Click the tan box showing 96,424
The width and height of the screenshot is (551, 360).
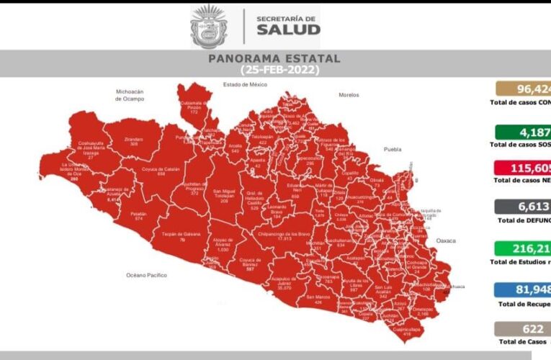pos(523,89)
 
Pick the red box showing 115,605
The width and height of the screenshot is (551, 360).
pos(523,168)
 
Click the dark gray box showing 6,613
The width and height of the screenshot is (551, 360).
pos(523,208)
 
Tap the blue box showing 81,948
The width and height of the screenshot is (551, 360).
pos(523,290)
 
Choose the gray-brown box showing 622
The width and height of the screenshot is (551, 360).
pos(523,330)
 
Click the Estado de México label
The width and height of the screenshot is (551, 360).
pos(245,85)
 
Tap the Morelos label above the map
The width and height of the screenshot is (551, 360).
pos(349,94)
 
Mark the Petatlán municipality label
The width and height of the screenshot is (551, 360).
pos(139,215)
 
